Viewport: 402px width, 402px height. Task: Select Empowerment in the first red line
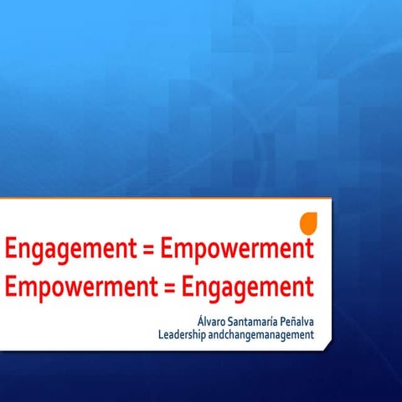(x=236, y=249)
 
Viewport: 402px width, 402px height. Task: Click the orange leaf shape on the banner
(x=309, y=224)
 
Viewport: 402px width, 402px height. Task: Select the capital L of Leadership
(x=161, y=336)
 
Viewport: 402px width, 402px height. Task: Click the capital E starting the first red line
(x=10, y=248)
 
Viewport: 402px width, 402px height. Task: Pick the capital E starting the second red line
(x=10, y=286)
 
